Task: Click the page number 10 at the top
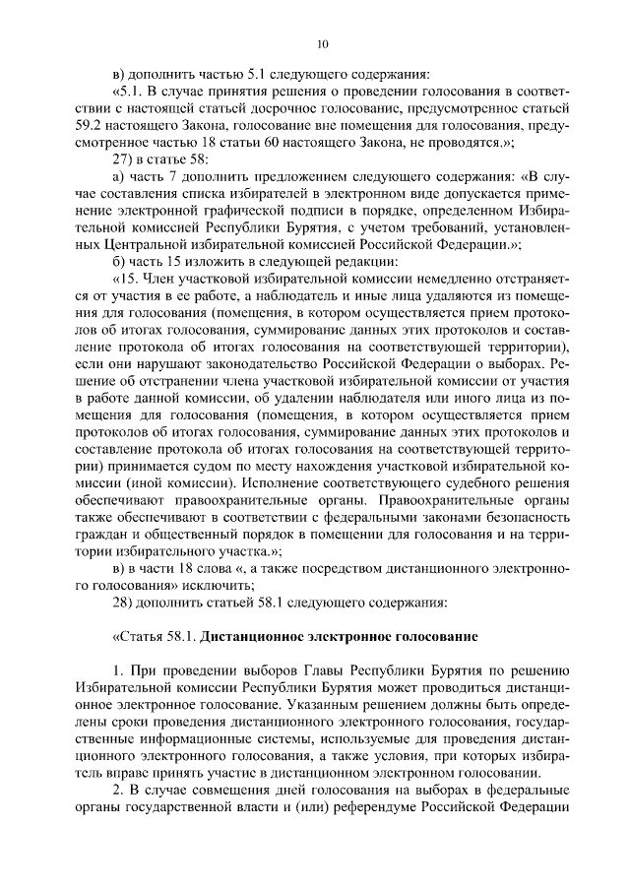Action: click(x=322, y=43)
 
